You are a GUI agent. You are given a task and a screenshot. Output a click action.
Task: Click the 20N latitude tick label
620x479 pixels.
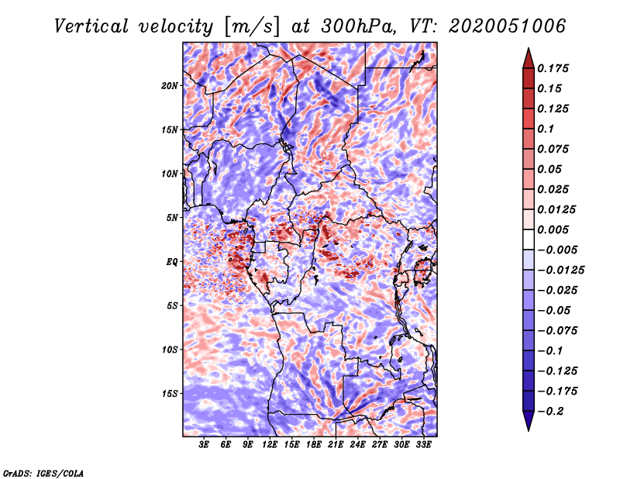click(x=170, y=86)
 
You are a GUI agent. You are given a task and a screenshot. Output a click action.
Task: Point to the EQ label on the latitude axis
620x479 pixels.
click(x=172, y=262)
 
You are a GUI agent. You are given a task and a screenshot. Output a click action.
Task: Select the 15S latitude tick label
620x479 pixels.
click(x=170, y=394)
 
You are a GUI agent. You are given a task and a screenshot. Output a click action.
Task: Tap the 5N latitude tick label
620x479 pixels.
click(x=172, y=218)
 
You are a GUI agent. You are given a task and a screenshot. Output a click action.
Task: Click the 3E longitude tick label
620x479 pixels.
click(x=204, y=445)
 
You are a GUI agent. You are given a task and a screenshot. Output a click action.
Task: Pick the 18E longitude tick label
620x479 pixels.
click(x=314, y=445)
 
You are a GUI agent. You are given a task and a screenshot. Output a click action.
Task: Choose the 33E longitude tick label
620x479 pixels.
click(x=423, y=445)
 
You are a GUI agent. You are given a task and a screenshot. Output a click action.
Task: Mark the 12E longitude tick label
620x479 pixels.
click(x=270, y=445)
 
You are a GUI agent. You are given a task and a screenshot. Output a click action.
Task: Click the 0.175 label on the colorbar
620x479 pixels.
click(x=553, y=68)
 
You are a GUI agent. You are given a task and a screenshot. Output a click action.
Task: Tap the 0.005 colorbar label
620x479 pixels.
click(x=553, y=229)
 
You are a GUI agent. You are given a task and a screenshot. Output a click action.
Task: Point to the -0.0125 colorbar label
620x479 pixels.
click(x=560, y=271)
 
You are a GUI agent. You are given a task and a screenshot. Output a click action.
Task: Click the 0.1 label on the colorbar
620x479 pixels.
click(x=546, y=129)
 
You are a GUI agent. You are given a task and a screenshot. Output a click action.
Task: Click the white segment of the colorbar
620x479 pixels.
click(x=529, y=239)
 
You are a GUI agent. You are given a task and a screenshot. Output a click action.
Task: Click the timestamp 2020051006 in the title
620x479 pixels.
click(x=508, y=26)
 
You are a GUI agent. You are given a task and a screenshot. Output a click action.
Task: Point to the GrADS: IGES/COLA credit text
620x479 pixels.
click(x=43, y=473)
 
